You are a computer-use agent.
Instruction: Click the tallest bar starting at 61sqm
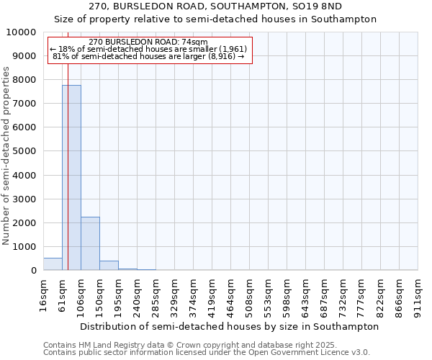(x=71, y=177)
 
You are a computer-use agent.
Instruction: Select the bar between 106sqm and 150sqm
(x=90, y=243)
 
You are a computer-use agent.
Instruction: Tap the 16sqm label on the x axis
(x=43, y=294)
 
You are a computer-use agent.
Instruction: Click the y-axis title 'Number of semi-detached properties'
(x=7, y=156)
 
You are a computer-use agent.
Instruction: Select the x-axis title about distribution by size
(x=229, y=326)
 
